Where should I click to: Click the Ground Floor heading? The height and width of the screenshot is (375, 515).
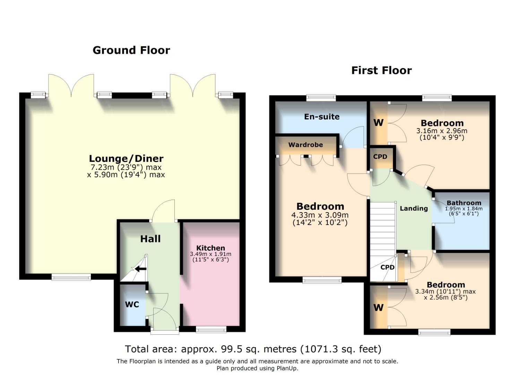coord(131,50)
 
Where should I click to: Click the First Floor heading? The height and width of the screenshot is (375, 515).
coord(381,70)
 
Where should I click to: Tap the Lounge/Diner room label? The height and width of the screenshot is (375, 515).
coord(126,159)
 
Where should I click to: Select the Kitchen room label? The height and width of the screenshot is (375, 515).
coord(211,248)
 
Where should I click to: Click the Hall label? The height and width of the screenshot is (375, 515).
coord(150,239)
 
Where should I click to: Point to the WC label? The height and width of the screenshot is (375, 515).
coord(132,305)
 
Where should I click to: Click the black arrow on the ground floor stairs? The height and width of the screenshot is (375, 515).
coord(140,268)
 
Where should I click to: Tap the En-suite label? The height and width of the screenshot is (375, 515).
coord(321,117)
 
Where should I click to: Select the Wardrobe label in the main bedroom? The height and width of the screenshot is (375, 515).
coord(305,145)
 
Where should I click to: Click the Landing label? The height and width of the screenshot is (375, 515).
coord(413,208)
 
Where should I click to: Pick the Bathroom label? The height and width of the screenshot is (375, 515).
coord(464,203)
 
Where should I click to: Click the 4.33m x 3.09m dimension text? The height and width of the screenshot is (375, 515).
coord(320,215)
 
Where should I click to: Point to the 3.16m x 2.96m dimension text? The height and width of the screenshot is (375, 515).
coord(441,131)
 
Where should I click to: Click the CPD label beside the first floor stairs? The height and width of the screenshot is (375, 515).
coord(387,267)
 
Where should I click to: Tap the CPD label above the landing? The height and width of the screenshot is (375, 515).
coord(380,157)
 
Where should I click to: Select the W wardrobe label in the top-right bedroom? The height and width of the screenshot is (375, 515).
coord(378,123)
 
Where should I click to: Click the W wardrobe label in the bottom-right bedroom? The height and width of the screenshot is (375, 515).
coord(378,308)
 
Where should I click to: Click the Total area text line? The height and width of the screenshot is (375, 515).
coord(253,349)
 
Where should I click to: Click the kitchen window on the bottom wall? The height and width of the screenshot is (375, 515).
coord(211,330)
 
